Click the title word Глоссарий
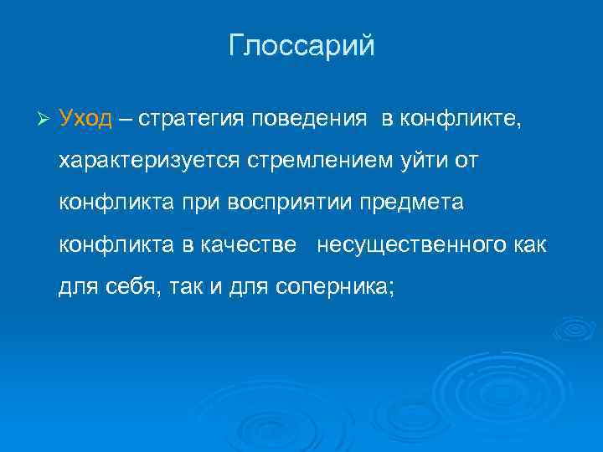click(301, 46)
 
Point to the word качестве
click(249, 244)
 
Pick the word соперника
click(341, 287)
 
